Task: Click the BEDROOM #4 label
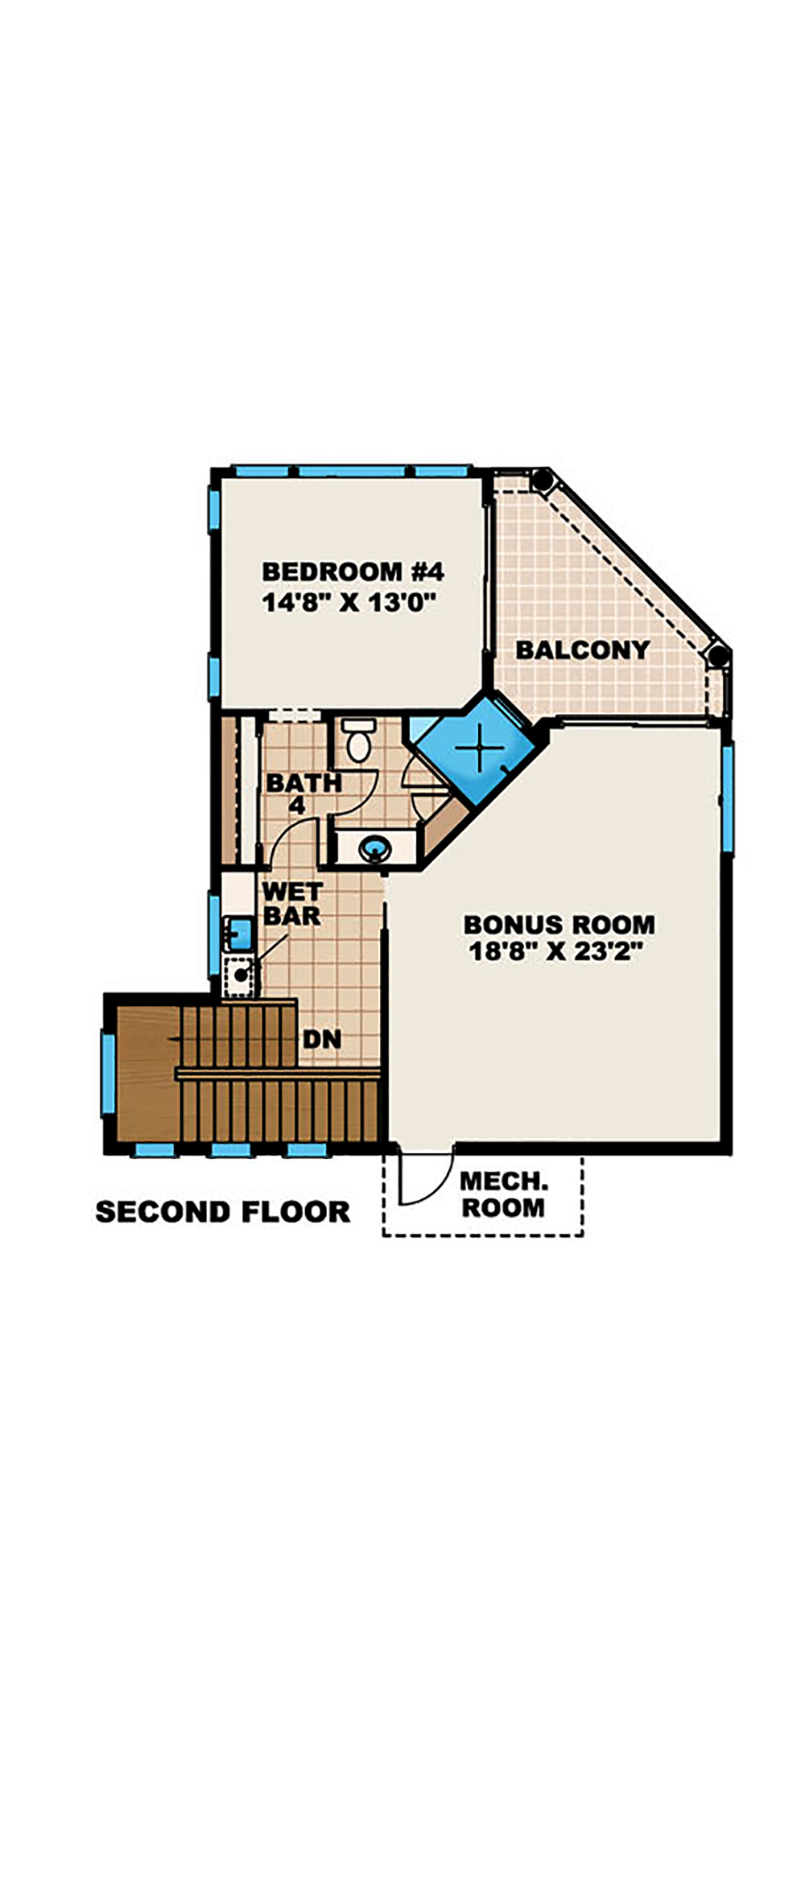(x=353, y=571)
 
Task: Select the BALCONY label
(x=582, y=650)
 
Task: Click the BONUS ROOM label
(x=559, y=924)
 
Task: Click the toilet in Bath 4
(x=358, y=741)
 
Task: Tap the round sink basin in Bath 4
(x=375, y=847)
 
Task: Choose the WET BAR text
(x=291, y=904)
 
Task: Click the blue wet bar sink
(x=238, y=934)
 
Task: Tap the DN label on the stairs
(x=322, y=1039)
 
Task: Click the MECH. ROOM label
(x=503, y=1194)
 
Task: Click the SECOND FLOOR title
(x=222, y=1211)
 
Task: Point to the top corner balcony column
(x=542, y=482)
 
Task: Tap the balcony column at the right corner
(x=716, y=654)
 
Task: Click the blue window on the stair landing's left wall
(x=107, y=1074)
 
